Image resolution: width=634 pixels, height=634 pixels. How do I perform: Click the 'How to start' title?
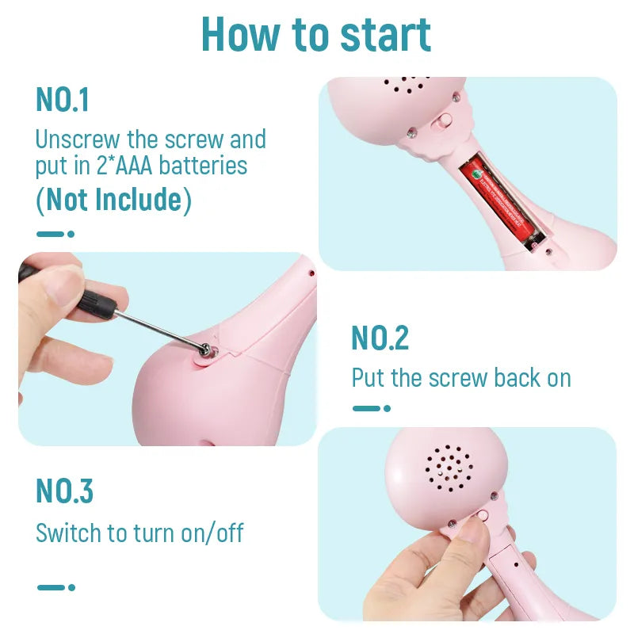(316, 35)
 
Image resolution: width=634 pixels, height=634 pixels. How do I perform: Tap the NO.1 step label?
(63, 100)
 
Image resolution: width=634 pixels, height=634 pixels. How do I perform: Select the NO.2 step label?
(380, 338)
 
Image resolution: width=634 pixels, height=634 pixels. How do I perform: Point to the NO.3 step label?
(65, 491)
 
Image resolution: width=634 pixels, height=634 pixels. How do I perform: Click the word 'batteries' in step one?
(203, 166)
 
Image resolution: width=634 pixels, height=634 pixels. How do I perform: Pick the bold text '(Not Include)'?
(113, 200)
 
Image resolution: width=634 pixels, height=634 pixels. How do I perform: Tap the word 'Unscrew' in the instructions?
(78, 139)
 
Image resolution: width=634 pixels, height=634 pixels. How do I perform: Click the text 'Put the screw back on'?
(461, 378)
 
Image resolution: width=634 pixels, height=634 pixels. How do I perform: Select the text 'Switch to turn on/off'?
(140, 533)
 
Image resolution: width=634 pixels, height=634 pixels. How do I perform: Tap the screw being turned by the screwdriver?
(206, 349)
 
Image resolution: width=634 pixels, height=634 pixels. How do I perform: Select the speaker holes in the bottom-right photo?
(449, 468)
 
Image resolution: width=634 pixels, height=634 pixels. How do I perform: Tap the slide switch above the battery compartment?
(443, 120)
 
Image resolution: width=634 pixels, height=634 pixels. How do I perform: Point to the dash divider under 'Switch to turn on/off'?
(55, 587)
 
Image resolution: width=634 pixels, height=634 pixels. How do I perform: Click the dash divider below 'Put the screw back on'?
(371, 408)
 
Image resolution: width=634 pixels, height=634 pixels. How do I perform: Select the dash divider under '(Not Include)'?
(55, 234)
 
